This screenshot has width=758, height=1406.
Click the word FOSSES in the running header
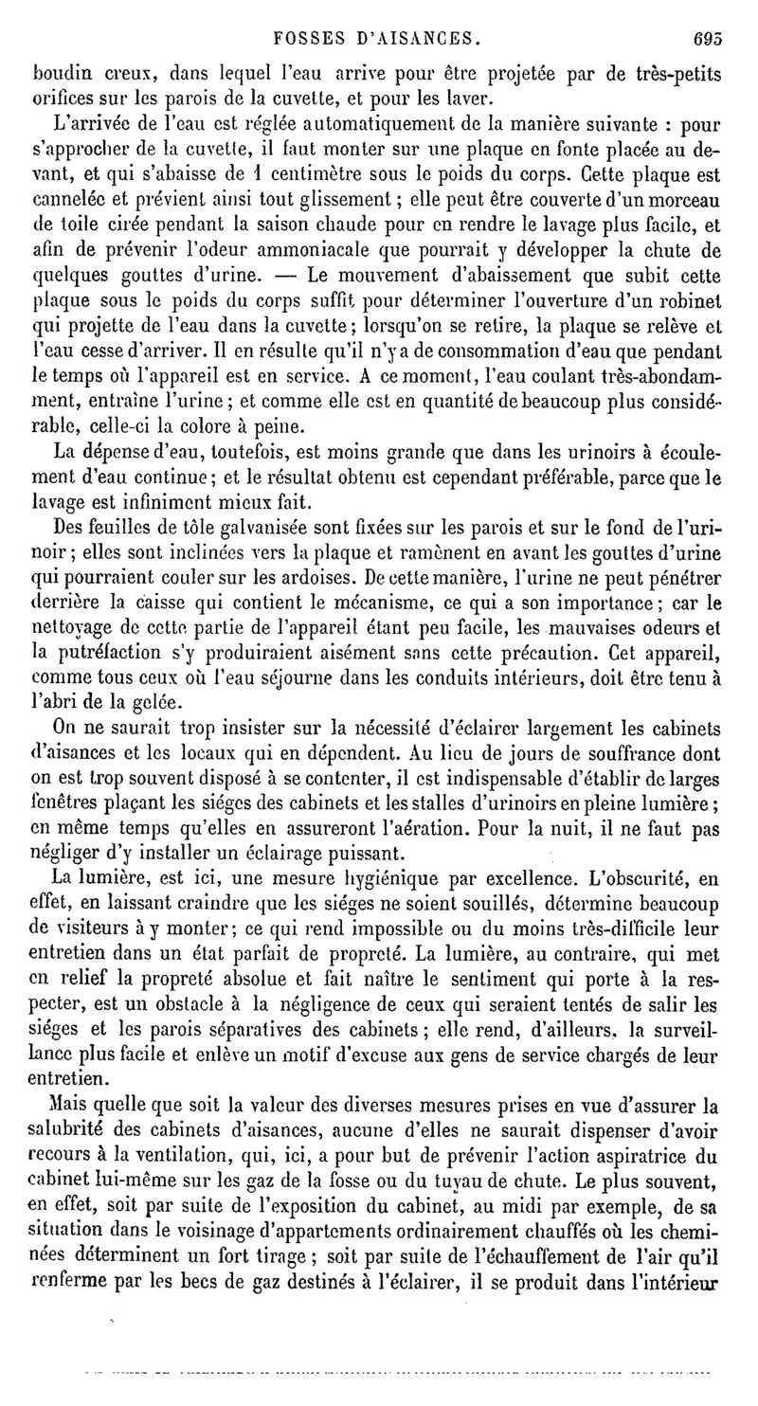point(301,41)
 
